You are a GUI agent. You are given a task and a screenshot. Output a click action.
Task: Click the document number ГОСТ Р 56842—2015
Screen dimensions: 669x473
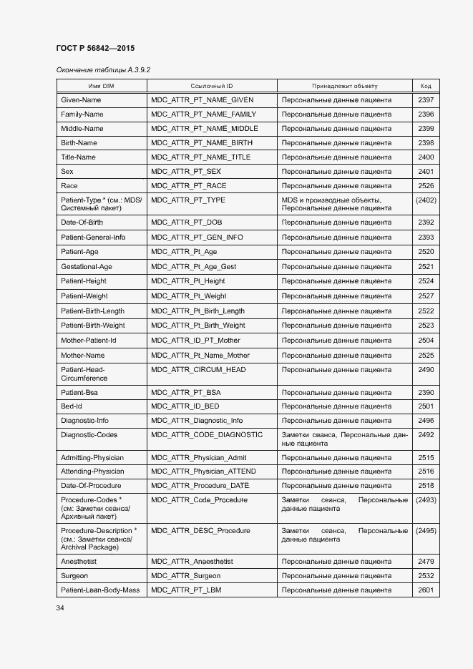click(x=95, y=48)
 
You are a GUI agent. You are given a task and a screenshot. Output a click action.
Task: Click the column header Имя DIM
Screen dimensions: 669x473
click(x=101, y=86)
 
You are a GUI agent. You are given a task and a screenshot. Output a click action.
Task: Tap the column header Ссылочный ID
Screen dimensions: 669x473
click(x=212, y=86)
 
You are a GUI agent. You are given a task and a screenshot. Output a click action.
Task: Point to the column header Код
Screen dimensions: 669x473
click(x=426, y=86)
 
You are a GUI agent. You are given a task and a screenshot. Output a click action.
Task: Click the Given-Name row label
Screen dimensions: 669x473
click(x=81, y=100)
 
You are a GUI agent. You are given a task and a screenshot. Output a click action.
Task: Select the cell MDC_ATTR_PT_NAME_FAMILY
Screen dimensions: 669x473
click(x=203, y=114)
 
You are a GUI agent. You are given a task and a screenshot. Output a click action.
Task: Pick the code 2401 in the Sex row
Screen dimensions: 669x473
click(x=426, y=172)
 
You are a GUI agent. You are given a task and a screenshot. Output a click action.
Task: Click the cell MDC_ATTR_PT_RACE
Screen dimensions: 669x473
click(x=188, y=186)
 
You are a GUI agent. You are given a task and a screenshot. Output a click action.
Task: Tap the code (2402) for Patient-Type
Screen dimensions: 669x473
click(x=426, y=200)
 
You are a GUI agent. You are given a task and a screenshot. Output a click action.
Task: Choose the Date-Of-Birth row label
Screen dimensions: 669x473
click(x=82, y=223)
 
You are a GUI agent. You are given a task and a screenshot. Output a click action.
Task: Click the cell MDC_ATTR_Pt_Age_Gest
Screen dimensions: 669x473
click(x=193, y=267)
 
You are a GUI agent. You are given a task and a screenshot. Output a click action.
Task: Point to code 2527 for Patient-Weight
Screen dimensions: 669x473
click(x=426, y=296)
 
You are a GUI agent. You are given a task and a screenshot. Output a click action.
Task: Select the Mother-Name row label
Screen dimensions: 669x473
click(x=82, y=356)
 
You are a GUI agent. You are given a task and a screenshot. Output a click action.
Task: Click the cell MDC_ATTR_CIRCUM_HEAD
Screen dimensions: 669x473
click(x=198, y=370)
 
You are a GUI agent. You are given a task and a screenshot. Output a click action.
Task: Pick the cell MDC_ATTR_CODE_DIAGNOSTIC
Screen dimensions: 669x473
click(x=207, y=435)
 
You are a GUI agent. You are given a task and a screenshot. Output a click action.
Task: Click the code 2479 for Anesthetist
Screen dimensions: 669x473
click(x=426, y=562)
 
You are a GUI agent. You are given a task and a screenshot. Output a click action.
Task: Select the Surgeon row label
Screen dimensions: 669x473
click(x=74, y=576)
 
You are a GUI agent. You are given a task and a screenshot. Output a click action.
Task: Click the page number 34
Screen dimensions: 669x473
click(x=60, y=608)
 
